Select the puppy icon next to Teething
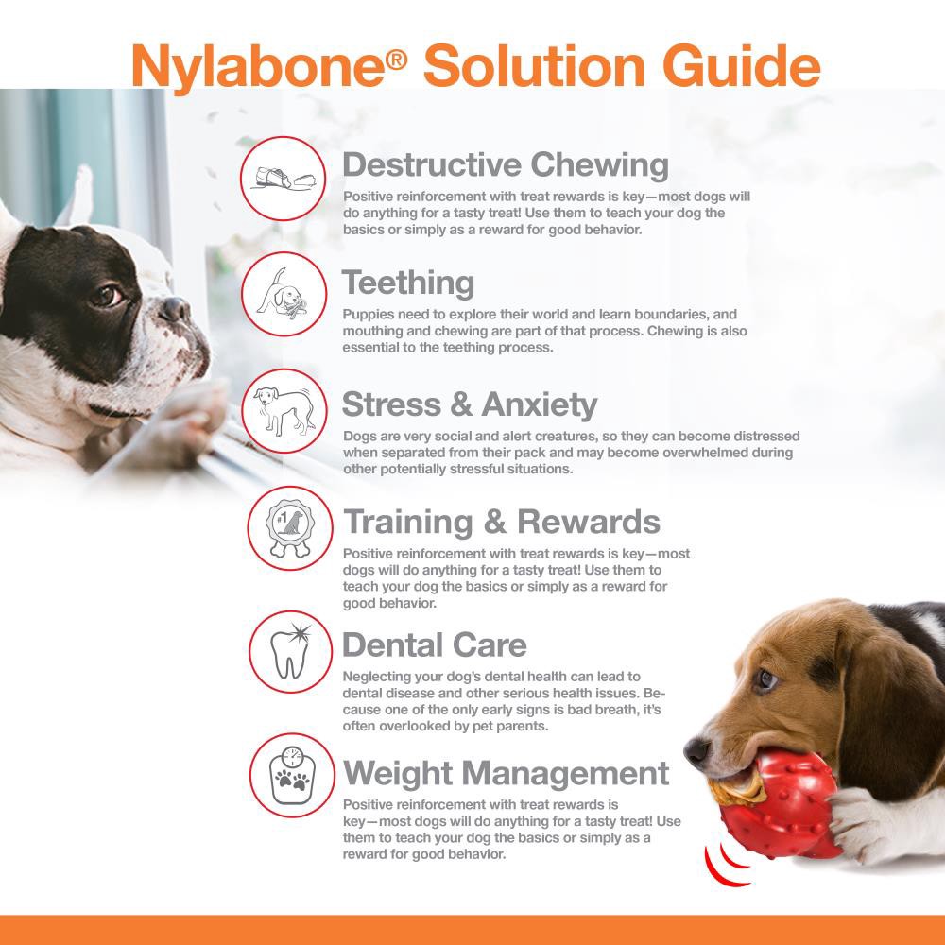pyautogui.click(x=283, y=296)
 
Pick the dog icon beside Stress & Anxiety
pyautogui.click(x=283, y=412)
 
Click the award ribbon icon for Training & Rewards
pyautogui.click(x=290, y=530)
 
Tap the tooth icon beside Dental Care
pyautogui.click(x=291, y=652)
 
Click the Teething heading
pyautogui.click(x=407, y=283)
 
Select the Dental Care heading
pyautogui.click(x=434, y=645)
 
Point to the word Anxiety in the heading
pyautogui.click(x=539, y=404)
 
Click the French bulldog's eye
pyautogui.click(x=107, y=295)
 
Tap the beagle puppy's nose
pyautogui.click(x=696, y=751)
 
